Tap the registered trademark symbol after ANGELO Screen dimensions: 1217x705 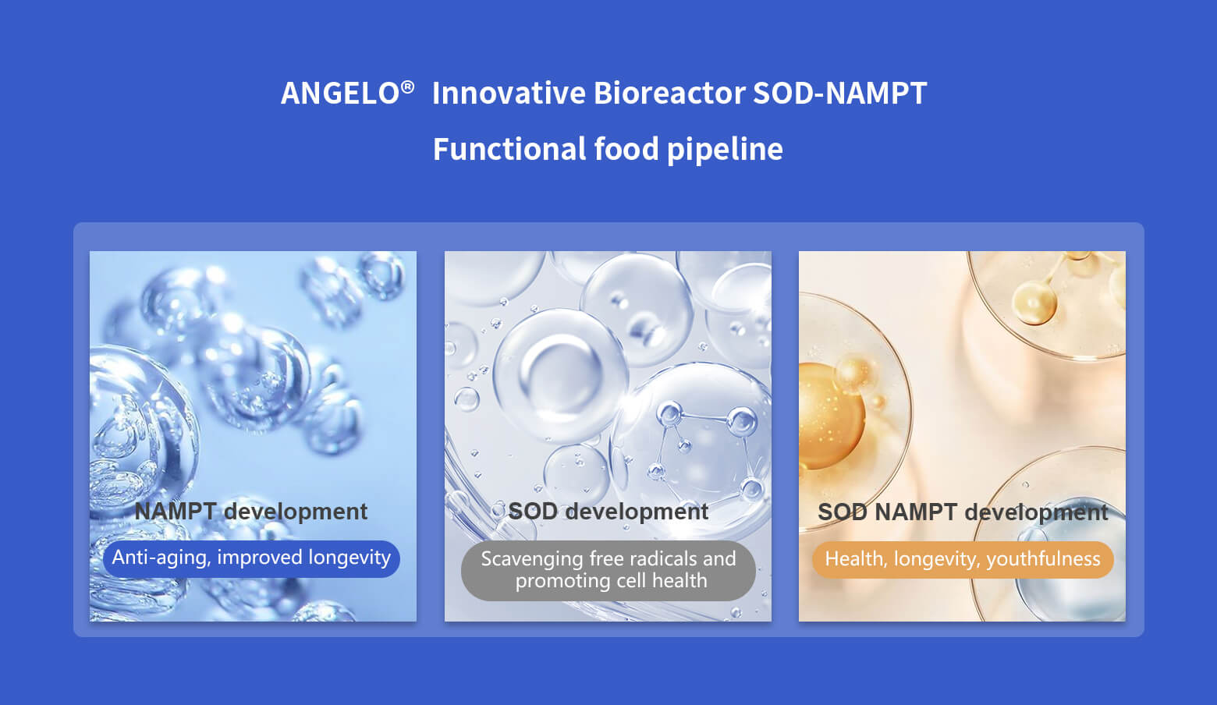tap(407, 87)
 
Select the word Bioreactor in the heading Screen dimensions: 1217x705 tap(669, 93)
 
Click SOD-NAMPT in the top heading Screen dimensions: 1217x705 tap(840, 93)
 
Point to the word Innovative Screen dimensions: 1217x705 tap(509, 93)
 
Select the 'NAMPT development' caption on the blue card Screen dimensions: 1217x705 tap(251, 512)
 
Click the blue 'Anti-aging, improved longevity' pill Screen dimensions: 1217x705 tap(251, 558)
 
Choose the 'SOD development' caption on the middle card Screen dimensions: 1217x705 tap(608, 512)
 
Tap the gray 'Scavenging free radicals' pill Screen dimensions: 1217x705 tap(608, 570)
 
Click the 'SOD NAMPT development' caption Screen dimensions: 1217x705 tap(963, 512)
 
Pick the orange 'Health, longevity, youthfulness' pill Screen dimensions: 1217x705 tap(963, 559)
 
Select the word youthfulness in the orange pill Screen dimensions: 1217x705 tap(1043, 559)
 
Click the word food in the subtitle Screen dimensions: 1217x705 tap(626, 149)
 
